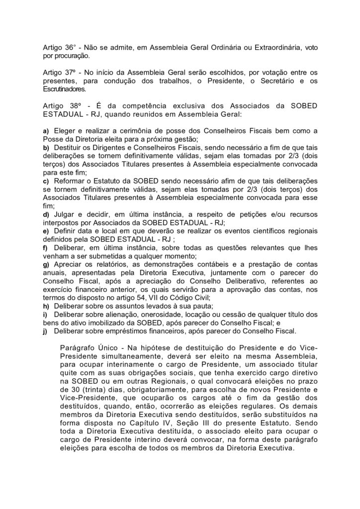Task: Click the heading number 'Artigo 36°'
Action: click(58, 46)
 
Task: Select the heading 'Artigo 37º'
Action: click(58, 72)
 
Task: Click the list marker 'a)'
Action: click(46, 130)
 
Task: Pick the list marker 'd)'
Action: click(46, 214)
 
